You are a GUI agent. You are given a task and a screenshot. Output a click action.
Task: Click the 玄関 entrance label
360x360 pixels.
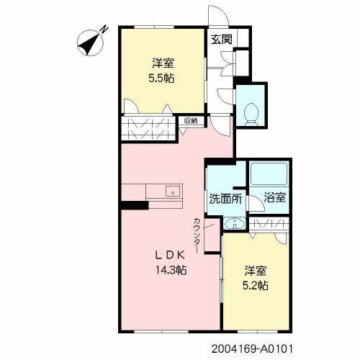pyautogui.click(x=221, y=39)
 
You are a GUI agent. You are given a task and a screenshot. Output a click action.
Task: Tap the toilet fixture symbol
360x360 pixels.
pyautogui.click(x=251, y=114)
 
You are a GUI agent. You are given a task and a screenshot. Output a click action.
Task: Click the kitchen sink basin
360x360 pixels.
pyautogui.click(x=172, y=192)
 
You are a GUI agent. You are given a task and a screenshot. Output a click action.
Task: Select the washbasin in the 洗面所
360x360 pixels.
pyautogui.click(x=234, y=223)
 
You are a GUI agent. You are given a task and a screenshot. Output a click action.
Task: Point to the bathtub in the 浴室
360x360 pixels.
pyautogui.click(x=269, y=174)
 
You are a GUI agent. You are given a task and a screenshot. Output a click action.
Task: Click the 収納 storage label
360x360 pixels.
pyautogui.click(x=191, y=121)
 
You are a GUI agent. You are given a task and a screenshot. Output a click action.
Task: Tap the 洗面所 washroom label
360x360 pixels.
pyautogui.click(x=225, y=199)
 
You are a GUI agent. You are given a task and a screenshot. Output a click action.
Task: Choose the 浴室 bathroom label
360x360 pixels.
pyautogui.click(x=275, y=197)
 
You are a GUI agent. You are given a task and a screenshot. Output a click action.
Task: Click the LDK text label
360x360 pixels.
pyautogui.click(x=170, y=256)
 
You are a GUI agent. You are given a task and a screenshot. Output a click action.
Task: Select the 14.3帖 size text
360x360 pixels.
pyautogui.click(x=171, y=270)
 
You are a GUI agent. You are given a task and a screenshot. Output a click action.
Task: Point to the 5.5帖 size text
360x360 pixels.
pyautogui.click(x=161, y=78)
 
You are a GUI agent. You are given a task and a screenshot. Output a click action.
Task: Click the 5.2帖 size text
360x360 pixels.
pyautogui.click(x=256, y=286)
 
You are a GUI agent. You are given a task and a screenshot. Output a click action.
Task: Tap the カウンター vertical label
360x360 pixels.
pyautogui.click(x=197, y=235)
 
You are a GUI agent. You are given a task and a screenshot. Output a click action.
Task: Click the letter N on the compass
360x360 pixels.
pyautogui.click(x=104, y=29)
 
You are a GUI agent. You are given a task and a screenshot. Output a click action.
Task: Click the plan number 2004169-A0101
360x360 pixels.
pyautogui.click(x=252, y=349)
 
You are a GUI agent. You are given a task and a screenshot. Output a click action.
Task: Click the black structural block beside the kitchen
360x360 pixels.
pyautogui.click(x=134, y=205)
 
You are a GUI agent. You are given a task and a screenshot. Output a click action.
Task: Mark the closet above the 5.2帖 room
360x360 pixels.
pyautogui.click(x=269, y=224)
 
